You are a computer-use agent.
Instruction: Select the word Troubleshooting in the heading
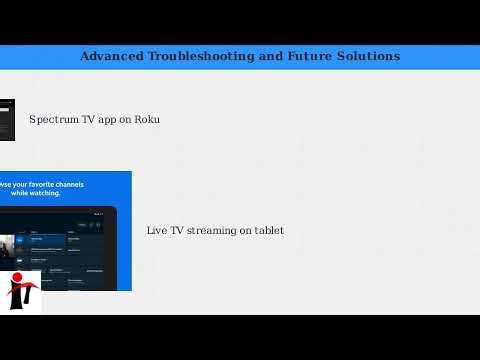(x=199, y=56)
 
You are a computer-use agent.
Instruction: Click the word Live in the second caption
(x=156, y=231)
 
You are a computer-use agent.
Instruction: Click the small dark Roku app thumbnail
(x=6, y=120)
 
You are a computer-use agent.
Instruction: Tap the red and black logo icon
(x=20, y=291)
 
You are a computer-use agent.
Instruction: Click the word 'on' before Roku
(x=126, y=120)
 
